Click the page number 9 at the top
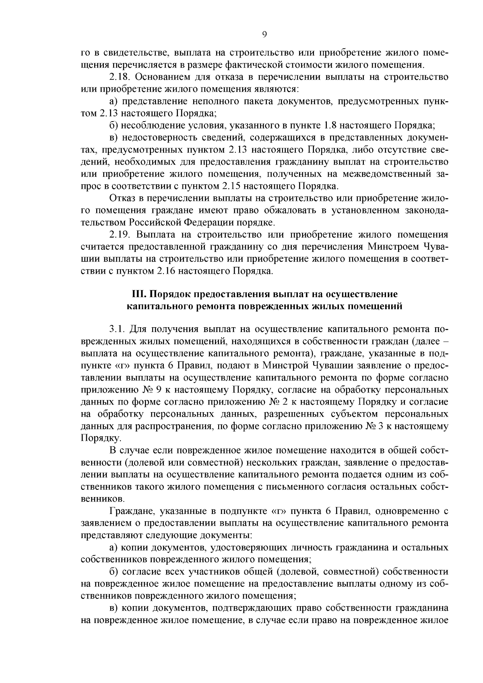264,35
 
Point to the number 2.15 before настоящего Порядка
231,186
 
